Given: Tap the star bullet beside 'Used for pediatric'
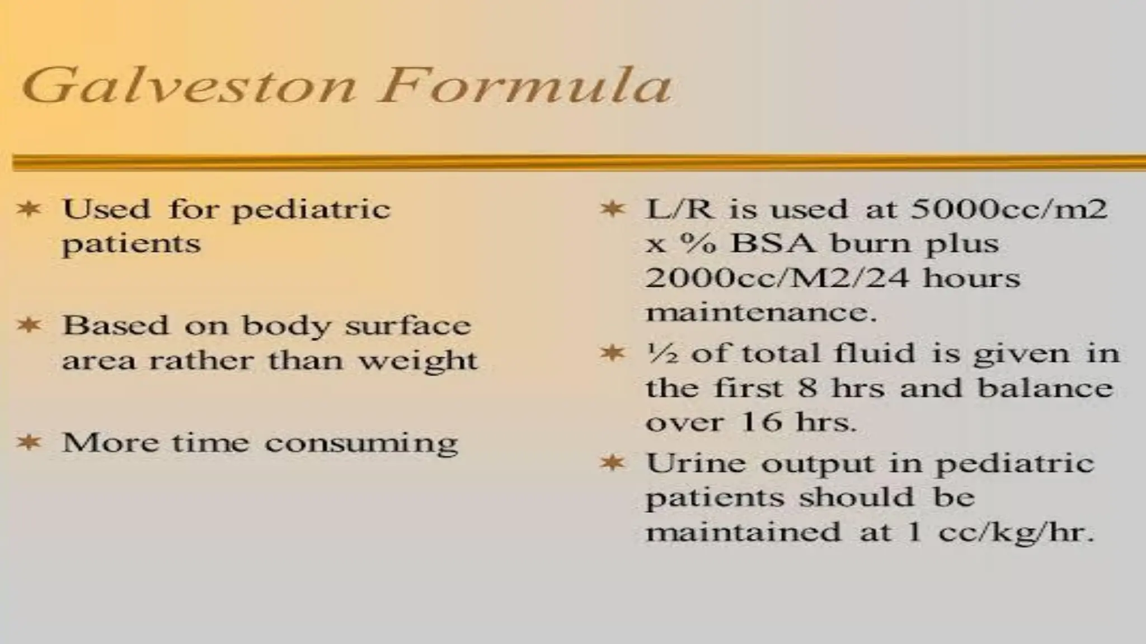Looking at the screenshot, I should coord(29,209).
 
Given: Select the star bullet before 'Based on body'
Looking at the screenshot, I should coord(29,325).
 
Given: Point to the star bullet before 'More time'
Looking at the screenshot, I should coord(29,442).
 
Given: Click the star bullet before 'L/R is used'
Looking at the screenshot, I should coord(613,209).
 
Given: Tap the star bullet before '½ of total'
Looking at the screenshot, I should coord(613,353).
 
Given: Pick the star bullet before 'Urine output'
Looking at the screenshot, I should coord(613,463).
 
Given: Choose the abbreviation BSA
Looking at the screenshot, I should coord(773,244).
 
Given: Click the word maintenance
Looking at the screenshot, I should coord(760,312).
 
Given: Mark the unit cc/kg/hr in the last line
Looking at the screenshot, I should coord(1016,532).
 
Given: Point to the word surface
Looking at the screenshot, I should coord(408,325).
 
